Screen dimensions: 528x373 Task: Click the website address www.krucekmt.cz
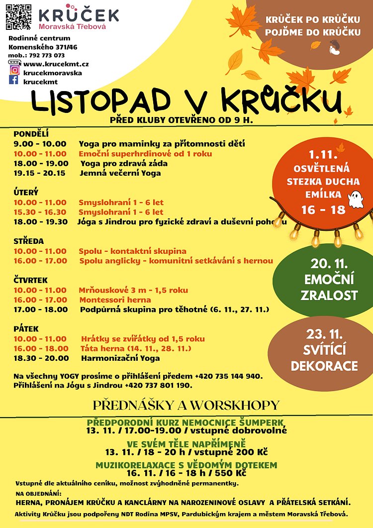56,64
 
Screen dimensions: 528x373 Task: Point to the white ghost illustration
356,199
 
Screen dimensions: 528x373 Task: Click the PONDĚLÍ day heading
30,134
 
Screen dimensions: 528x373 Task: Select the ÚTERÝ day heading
26,192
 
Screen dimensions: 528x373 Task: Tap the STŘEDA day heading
29,241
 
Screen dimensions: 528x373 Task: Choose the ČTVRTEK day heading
31,280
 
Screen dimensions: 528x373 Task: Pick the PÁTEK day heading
26,329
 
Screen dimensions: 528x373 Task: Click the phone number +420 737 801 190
159,385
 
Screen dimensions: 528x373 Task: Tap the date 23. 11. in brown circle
324,333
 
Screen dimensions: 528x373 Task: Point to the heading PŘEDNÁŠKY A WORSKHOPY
186,405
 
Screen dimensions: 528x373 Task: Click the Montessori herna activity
115,300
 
